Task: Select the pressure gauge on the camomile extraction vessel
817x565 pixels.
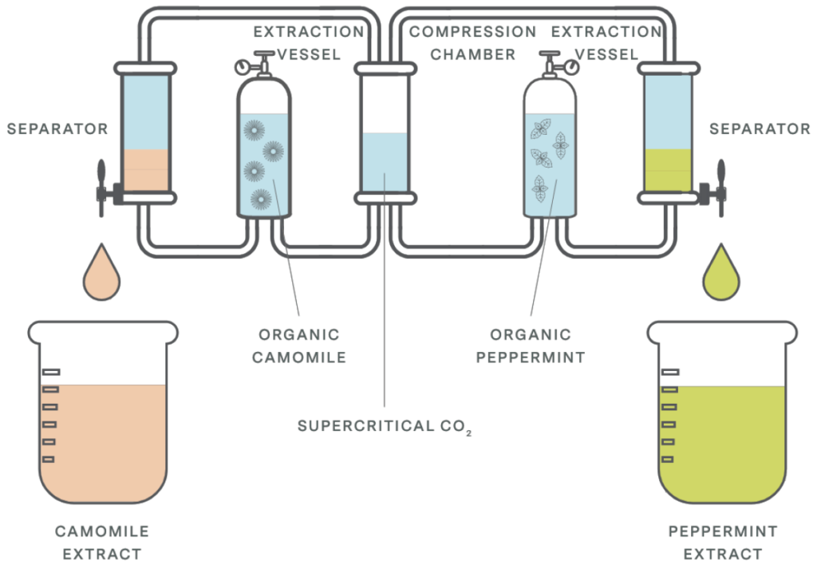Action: click(243, 67)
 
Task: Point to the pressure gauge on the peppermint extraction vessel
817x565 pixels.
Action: click(571, 67)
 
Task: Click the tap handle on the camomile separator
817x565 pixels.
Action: click(101, 188)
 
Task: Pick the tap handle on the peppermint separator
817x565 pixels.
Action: click(721, 188)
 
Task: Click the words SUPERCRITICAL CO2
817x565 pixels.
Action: click(385, 427)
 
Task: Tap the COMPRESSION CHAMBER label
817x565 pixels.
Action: click(472, 43)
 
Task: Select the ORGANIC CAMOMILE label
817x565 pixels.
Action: click(299, 346)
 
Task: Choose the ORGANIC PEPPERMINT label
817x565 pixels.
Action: click(531, 346)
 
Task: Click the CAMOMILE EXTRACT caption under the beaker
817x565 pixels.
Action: click(102, 543)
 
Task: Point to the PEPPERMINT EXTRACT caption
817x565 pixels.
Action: click(723, 543)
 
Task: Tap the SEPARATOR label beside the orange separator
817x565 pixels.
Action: click(57, 128)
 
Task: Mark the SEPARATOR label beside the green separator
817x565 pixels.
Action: click(760, 128)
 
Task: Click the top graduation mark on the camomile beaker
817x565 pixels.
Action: click(51, 372)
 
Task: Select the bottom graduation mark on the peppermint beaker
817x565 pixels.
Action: click(668, 459)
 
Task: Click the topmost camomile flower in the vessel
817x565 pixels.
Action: click(255, 130)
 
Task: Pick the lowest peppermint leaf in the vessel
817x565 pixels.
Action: click(540, 188)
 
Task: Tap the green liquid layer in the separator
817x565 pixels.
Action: click(668, 171)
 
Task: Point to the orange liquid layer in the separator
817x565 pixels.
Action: click(145, 171)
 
